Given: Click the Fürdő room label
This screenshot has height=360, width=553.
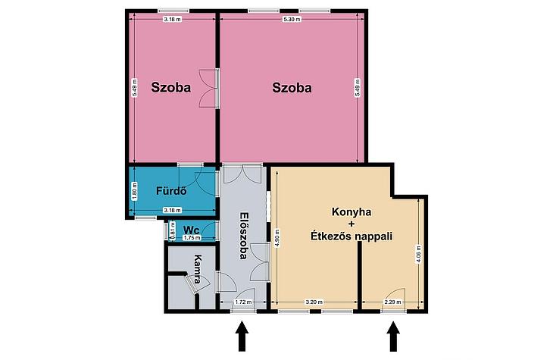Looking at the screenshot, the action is (171, 191).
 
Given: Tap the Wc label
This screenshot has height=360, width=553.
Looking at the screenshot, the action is (191, 230).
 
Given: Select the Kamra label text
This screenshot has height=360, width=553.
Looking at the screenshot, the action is (198, 269).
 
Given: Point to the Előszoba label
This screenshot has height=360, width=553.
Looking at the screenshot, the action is (243, 236).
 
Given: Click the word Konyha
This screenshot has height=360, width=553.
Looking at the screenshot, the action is (351, 212).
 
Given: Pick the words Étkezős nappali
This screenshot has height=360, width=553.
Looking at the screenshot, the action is (351, 236).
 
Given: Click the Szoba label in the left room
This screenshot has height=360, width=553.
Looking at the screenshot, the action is (171, 87).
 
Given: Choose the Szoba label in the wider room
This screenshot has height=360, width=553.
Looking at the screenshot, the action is (292, 87).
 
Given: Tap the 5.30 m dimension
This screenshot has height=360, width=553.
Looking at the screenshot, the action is (292, 20).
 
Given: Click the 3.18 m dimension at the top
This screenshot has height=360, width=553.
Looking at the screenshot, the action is (172, 20).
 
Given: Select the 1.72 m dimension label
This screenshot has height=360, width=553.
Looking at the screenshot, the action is (243, 302).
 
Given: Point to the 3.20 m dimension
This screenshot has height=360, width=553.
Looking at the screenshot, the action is (314, 302).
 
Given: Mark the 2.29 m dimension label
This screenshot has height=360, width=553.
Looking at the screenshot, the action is (392, 302).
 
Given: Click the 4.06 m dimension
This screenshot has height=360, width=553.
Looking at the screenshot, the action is (419, 254).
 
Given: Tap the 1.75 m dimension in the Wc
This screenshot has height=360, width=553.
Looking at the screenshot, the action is (192, 238).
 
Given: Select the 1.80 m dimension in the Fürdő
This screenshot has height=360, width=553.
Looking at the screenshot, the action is (134, 191).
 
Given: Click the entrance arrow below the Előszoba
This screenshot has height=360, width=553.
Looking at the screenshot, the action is (242, 336).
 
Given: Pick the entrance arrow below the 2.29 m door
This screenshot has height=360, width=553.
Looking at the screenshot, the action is (393, 336).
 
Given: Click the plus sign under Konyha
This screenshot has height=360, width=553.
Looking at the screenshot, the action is (351, 224).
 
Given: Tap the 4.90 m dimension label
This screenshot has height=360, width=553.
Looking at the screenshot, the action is (277, 239).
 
